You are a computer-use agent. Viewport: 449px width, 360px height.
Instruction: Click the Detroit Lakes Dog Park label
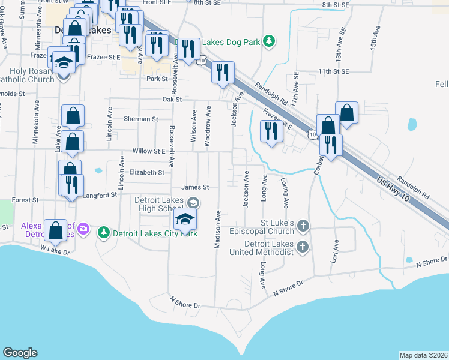point(232,42)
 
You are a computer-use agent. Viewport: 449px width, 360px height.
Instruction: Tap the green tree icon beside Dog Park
point(270,40)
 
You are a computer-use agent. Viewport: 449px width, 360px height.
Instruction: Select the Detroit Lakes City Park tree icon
point(104,232)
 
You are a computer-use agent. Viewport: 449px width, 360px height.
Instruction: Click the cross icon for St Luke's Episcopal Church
point(304,226)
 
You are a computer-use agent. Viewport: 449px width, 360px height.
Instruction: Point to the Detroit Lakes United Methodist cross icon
point(304,247)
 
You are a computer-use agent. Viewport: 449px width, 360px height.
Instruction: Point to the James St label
point(194,187)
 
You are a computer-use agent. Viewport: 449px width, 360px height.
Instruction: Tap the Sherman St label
point(140,119)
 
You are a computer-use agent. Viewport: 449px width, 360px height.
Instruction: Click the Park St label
point(156,79)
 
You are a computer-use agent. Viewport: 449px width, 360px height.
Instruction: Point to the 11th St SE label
point(333,71)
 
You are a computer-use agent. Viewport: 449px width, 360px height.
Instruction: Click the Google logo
point(20,353)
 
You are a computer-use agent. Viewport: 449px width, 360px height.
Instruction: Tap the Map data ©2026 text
point(423,355)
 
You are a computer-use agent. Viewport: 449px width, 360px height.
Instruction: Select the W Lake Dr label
point(55,248)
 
